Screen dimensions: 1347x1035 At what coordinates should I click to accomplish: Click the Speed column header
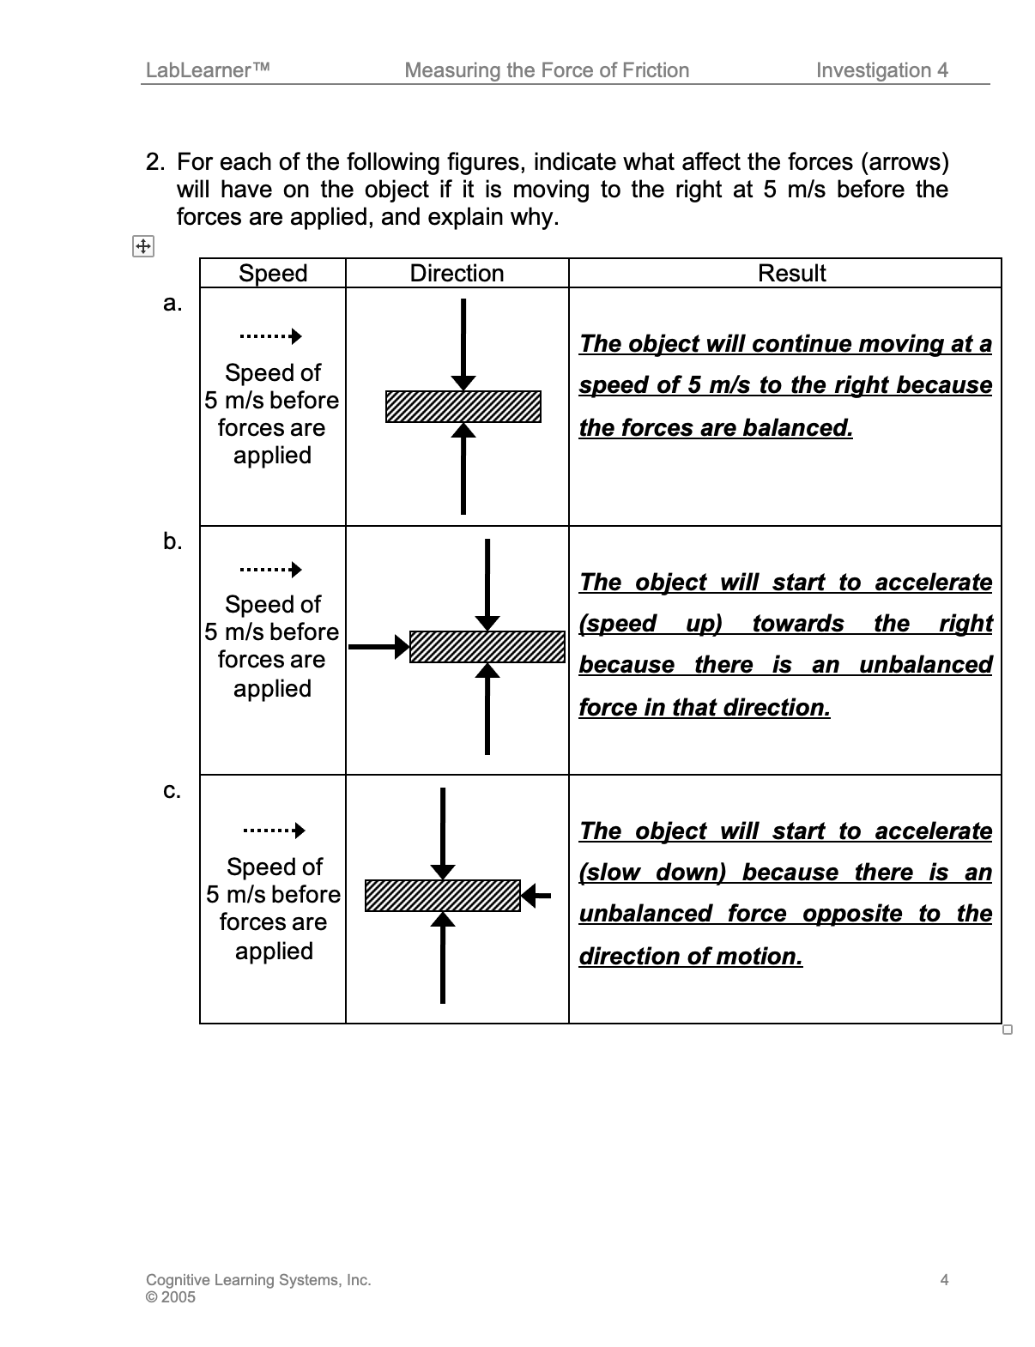pos(273,274)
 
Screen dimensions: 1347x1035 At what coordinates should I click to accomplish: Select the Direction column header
pos(457,274)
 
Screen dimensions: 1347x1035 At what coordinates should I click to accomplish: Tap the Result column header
pos(791,274)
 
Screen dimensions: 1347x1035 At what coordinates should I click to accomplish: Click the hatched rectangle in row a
pos(463,407)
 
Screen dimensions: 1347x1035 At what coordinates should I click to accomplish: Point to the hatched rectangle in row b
pos(487,647)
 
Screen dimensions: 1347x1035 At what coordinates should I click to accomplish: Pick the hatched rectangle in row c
pos(443,896)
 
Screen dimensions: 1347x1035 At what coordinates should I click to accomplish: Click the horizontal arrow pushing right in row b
pos(378,647)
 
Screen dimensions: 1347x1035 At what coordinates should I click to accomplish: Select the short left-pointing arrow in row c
pos(536,896)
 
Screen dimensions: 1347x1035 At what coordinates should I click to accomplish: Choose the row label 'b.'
pos(172,541)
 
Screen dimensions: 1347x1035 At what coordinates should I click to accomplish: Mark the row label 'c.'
pos(172,790)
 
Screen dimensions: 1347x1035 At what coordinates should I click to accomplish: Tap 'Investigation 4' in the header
pos(882,70)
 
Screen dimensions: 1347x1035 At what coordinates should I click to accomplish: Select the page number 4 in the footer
pos(944,1280)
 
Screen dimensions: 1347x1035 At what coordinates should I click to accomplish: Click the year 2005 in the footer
pos(178,1297)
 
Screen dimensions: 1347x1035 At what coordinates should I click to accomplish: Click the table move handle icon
pos(142,247)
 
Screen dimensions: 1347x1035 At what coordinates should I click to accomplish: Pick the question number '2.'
pos(155,162)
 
